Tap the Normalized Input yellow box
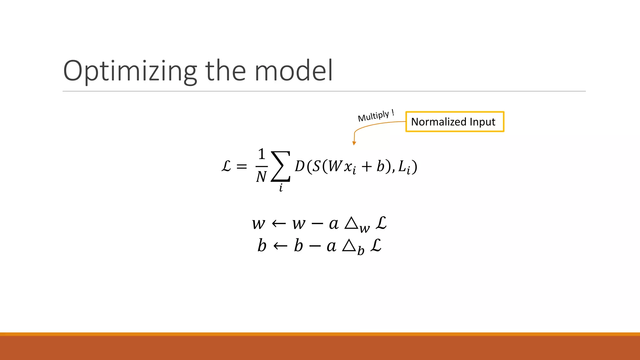point(454,122)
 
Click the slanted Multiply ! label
point(376,116)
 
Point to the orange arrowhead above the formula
point(354,143)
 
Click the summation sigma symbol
point(281,166)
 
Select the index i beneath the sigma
point(281,188)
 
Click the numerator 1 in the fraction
point(262,154)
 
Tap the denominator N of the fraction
point(261,177)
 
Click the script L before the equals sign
point(226,166)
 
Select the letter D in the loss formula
point(300,166)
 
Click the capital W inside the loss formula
point(335,166)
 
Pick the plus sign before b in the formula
point(367,167)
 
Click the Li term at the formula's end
point(404,167)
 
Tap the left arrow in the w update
point(279,223)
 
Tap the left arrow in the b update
point(280,246)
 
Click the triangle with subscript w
point(352,223)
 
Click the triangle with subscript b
point(349,246)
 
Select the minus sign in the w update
point(317,224)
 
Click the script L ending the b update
point(376,245)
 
